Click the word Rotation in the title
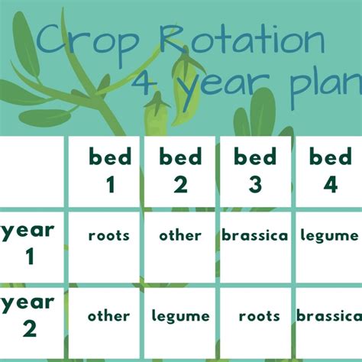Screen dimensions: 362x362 pyautogui.click(x=242, y=38)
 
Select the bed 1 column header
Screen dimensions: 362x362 pyautogui.click(x=110, y=170)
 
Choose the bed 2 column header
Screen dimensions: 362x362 pyautogui.click(x=180, y=170)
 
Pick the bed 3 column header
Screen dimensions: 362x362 pyautogui.click(x=255, y=170)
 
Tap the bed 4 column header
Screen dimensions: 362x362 pyautogui.click(x=331, y=170)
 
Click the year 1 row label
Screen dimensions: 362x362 pyautogui.click(x=27, y=244)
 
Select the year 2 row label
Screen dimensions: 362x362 pyautogui.click(x=27, y=316)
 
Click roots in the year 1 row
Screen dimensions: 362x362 pyautogui.click(x=109, y=236)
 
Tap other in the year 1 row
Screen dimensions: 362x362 pyautogui.click(x=180, y=235)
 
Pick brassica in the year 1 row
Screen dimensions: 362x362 pyautogui.click(x=255, y=235)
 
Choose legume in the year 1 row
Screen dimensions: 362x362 pyautogui.click(x=329, y=236)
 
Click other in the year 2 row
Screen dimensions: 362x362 pyautogui.click(x=108, y=315)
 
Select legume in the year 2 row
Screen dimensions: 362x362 pyautogui.click(x=181, y=316)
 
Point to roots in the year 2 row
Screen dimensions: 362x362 pyautogui.click(x=260, y=316)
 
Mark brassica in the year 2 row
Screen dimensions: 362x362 pyautogui.click(x=329, y=315)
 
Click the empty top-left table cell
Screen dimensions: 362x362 pyautogui.click(x=32, y=172)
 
